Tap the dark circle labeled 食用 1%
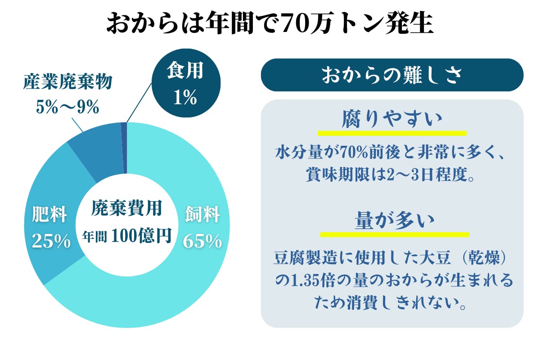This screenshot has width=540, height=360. coord(185,85)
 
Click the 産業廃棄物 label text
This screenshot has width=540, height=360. coord(67,83)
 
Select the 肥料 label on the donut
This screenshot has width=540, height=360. coord(49,216)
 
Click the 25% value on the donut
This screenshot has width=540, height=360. coord(51,242)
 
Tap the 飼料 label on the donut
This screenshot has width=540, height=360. coord(202,216)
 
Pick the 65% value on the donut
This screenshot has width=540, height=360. coord(202,242)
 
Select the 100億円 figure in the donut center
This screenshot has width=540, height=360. coord(141,235)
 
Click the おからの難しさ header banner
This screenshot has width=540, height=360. coord(392,75)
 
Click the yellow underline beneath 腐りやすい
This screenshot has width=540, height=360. coord(391,134)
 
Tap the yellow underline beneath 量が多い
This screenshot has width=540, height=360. coord(394,234)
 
